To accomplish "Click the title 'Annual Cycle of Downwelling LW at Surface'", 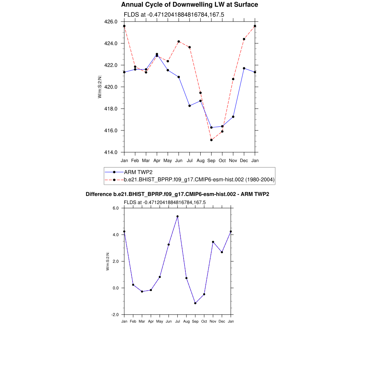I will (x=189, y=5).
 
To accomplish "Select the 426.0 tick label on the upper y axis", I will (x=111, y=21).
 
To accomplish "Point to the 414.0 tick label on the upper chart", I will (x=111, y=152).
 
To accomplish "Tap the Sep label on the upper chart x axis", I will (x=211, y=160).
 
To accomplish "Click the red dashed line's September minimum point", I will (x=211, y=140).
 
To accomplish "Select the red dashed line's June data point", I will (x=178, y=42).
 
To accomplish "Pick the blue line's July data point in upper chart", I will (x=189, y=106).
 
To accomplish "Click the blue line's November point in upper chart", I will (x=233, y=117).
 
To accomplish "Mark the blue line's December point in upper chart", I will (x=244, y=68).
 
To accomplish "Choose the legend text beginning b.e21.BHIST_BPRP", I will (x=199, y=180).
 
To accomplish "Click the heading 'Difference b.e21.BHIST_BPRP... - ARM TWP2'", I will (x=177, y=194).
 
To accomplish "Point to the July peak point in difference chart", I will (x=177, y=216).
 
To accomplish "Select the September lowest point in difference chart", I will (x=195, y=303).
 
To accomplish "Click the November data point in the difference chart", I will (x=213, y=242).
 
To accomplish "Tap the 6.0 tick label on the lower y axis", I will (x=116, y=208).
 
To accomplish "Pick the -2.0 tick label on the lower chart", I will (x=115, y=314).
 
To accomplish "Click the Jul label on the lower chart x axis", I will (x=177, y=321).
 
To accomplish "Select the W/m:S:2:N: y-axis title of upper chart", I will (x=99, y=87).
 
